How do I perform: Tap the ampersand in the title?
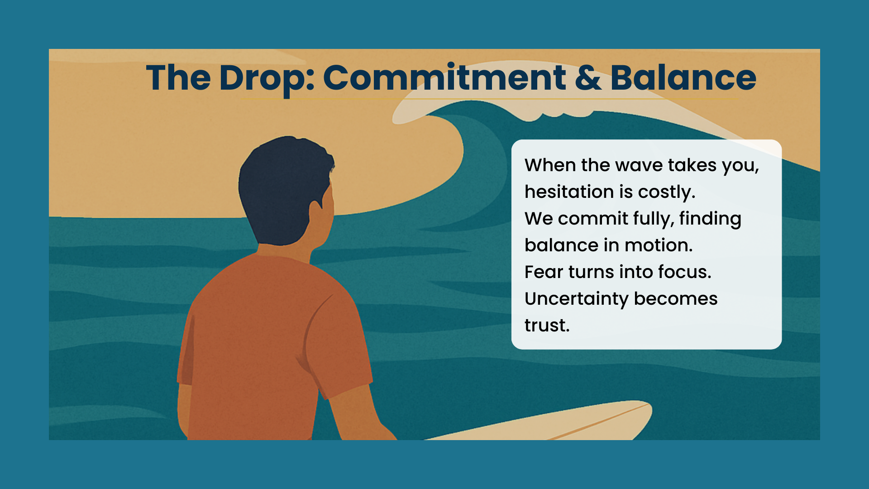[x=588, y=77]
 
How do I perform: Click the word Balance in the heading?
[x=683, y=77]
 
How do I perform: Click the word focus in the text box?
[x=684, y=272]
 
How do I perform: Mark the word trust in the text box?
[x=547, y=326]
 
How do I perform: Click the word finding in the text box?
[x=710, y=219]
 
